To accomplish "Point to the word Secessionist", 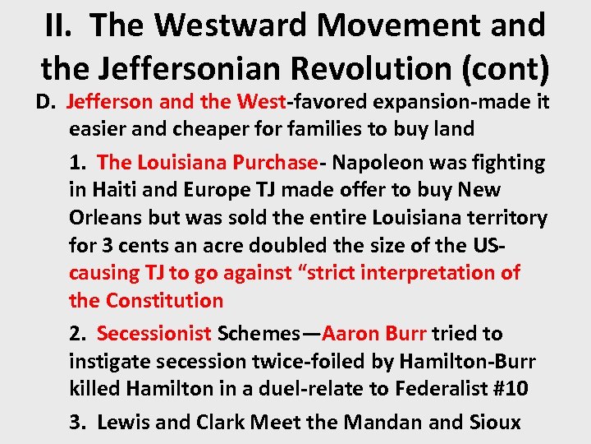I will point(153,333).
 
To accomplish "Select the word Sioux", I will point(492,422).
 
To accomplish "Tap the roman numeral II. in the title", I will point(63,25).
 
